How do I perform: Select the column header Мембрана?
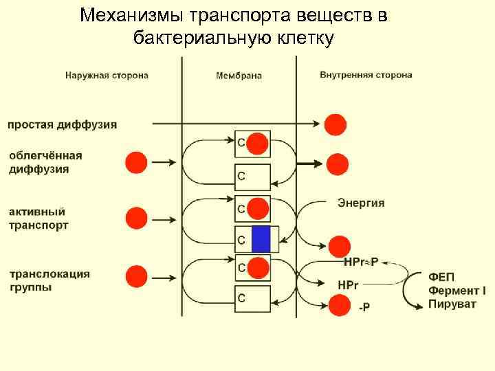(x=239, y=76)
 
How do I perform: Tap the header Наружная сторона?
(x=107, y=75)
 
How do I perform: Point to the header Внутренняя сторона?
(x=366, y=74)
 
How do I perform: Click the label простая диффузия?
(x=62, y=124)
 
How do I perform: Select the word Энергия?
(x=361, y=203)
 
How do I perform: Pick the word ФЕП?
(x=442, y=276)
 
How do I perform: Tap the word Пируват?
(x=452, y=304)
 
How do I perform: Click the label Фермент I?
(x=456, y=290)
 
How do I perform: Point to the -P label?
(x=364, y=308)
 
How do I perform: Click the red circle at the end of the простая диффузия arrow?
(x=335, y=124)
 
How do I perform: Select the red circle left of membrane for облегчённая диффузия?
(x=136, y=163)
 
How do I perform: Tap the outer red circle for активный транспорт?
(x=136, y=218)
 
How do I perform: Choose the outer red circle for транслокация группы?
(x=136, y=276)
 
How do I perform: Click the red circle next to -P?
(x=339, y=304)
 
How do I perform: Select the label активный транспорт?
(x=38, y=218)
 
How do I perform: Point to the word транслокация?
(x=49, y=273)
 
